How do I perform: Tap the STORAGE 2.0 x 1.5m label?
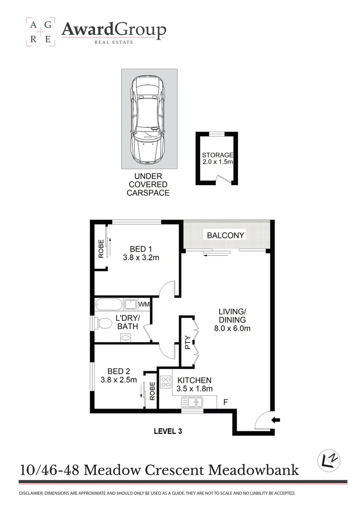218,159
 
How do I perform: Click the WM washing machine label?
144,304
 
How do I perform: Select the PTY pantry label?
188,343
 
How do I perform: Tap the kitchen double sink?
192,402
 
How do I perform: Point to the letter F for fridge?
226,402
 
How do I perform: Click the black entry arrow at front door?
276,419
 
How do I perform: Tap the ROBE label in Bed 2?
152,391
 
